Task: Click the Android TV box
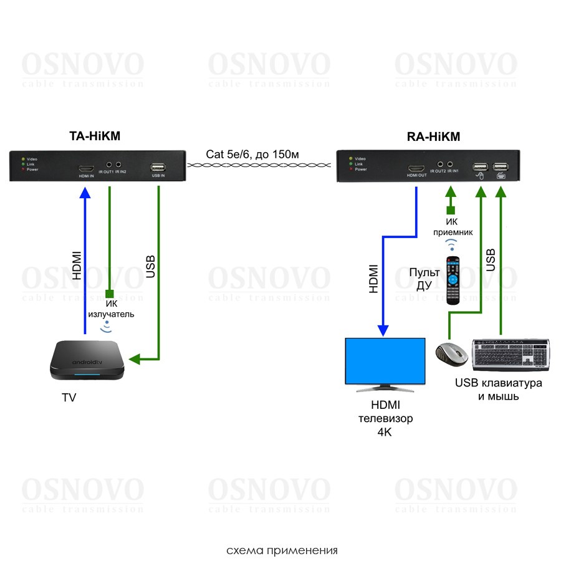click(x=87, y=361)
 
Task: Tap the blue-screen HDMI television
click(x=385, y=362)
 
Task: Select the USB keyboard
click(x=512, y=353)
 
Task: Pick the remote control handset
click(x=453, y=280)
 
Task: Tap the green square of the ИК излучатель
click(x=110, y=294)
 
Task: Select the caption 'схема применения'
click(x=282, y=550)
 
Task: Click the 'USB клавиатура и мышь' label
click(x=498, y=389)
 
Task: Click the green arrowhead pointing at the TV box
click(x=134, y=360)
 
